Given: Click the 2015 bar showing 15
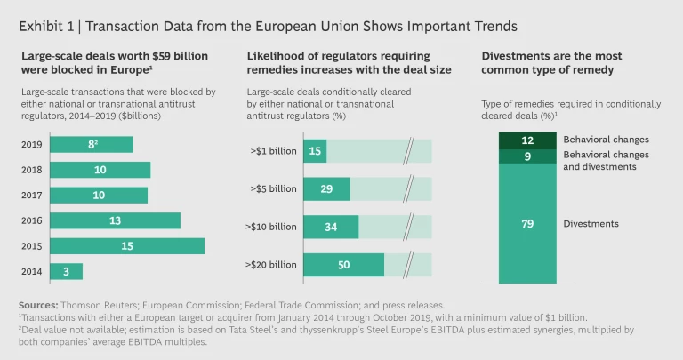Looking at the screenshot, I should [x=127, y=246].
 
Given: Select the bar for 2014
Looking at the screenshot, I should [x=67, y=271].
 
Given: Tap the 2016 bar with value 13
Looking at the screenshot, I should [x=116, y=220].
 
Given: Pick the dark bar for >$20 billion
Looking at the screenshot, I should [x=343, y=265].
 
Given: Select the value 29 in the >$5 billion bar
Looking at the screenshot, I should [x=315, y=189].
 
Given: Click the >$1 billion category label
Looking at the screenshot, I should [x=275, y=151].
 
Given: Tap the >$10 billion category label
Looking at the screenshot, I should [x=272, y=227].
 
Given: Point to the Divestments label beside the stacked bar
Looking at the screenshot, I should [x=592, y=224].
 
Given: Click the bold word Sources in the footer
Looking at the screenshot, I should [x=37, y=305].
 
